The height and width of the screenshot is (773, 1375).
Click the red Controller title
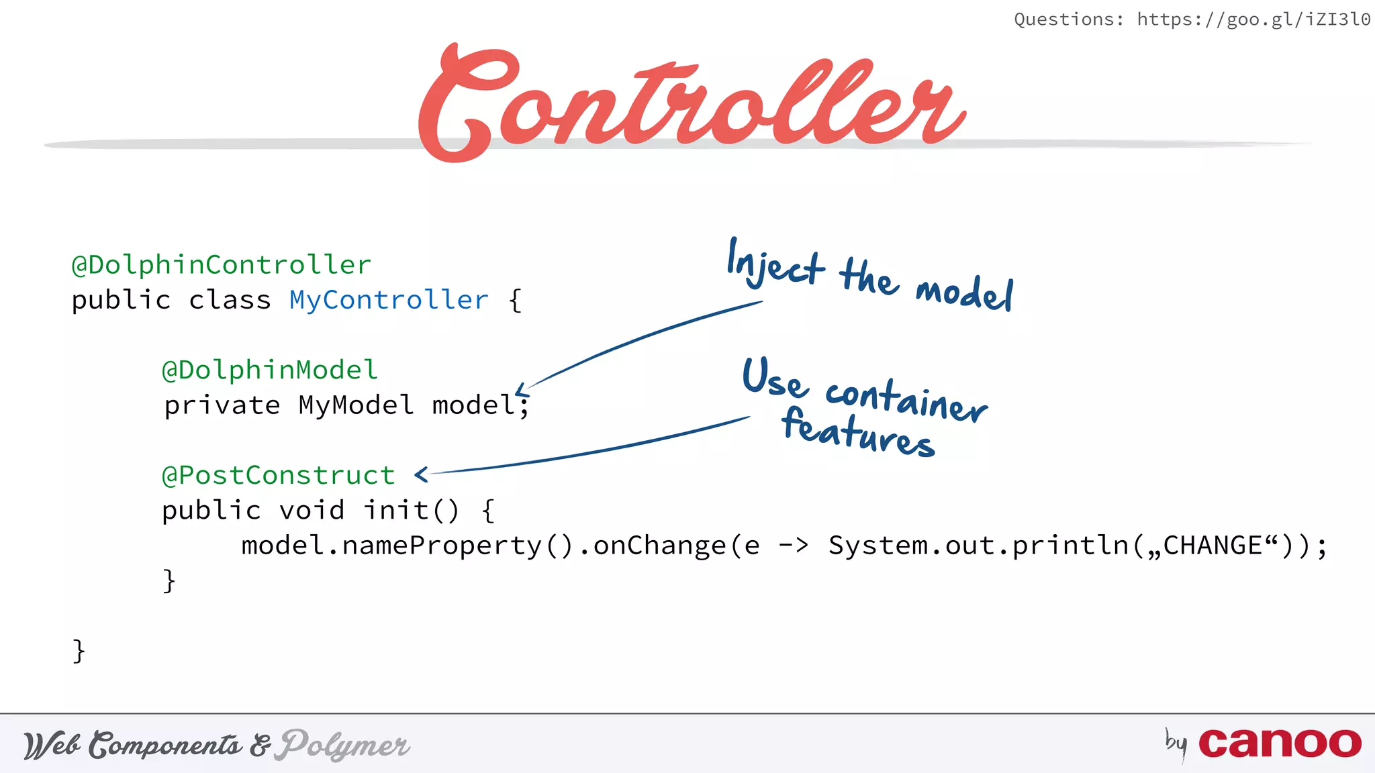pyautogui.click(x=692, y=101)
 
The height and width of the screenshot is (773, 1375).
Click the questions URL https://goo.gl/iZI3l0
pyautogui.click(x=1253, y=19)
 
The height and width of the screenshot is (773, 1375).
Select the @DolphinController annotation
pyautogui.click(x=221, y=265)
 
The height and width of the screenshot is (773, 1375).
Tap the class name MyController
pyautogui.click(x=389, y=300)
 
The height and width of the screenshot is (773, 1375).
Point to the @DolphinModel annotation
pyautogui.click(x=270, y=370)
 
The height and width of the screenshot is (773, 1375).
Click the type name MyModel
pyautogui.click(x=356, y=405)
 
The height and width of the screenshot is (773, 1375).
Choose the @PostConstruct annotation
pyautogui.click(x=278, y=476)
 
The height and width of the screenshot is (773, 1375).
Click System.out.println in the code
pyautogui.click(x=979, y=546)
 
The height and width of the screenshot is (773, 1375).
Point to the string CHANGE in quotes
pyautogui.click(x=1213, y=546)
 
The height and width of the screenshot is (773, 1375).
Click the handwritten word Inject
pyautogui.click(x=775, y=265)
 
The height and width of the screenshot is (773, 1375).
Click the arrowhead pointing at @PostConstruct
pyautogui.click(x=421, y=475)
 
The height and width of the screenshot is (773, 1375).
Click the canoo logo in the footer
pyautogui.click(x=1279, y=743)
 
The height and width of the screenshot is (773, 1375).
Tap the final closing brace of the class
pyautogui.click(x=79, y=651)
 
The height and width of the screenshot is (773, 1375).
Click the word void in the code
pyautogui.click(x=312, y=511)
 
